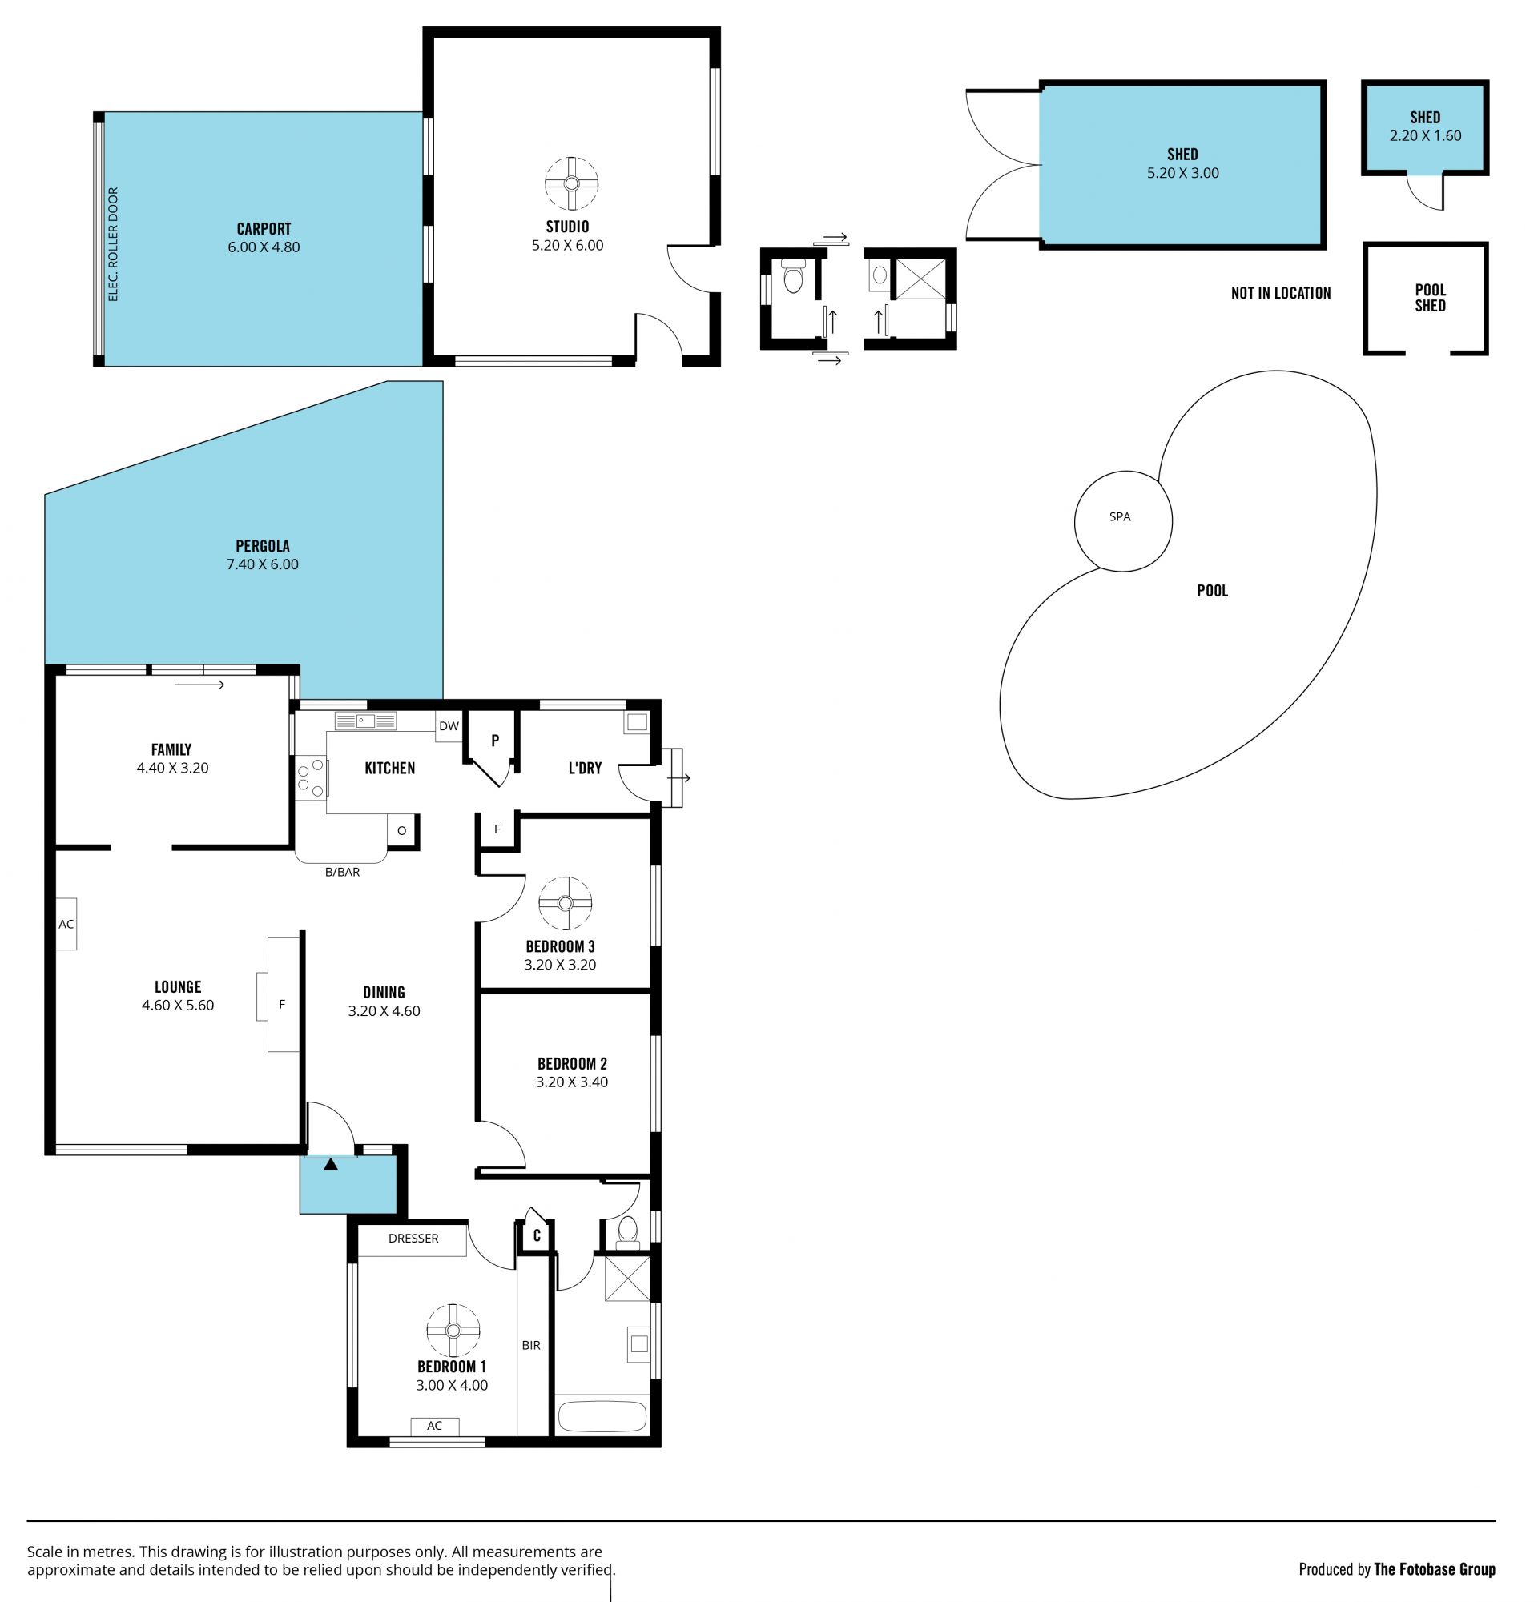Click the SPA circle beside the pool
pyautogui.click(x=1122, y=472)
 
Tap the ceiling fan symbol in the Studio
pyautogui.click(x=571, y=184)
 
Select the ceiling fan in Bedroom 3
pyautogui.click(x=565, y=903)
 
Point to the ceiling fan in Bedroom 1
pyautogui.click(x=453, y=1330)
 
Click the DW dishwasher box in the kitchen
pyautogui.click(x=449, y=726)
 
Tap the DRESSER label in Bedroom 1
pyautogui.click(x=413, y=1239)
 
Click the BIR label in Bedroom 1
pyautogui.click(x=530, y=1344)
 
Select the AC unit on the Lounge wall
pyautogui.click(x=66, y=924)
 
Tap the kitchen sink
pyautogui.click(x=365, y=721)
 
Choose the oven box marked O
pyautogui.click(x=401, y=830)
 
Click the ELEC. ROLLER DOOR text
pyautogui.click(x=114, y=244)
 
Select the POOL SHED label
pyautogui.click(x=1430, y=298)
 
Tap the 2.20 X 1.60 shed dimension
pyautogui.click(x=1425, y=135)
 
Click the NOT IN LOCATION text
pyautogui.click(x=1280, y=292)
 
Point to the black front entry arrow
pyautogui.click(x=330, y=1164)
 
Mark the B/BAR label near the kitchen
pyautogui.click(x=343, y=872)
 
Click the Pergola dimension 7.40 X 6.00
pyautogui.click(x=263, y=564)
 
